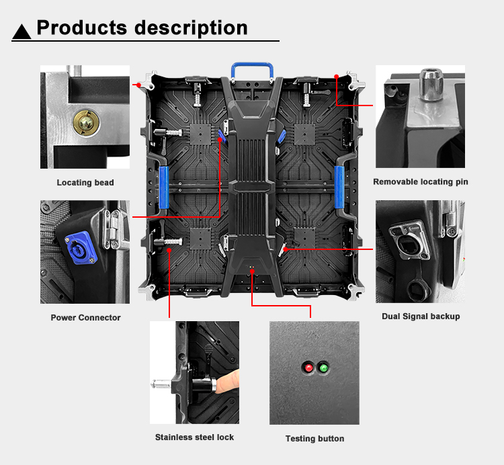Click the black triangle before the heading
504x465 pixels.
[x=22, y=31]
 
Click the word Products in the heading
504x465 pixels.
[x=81, y=28]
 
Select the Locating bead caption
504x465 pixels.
[x=85, y=183]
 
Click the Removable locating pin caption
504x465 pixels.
[x=421, y=182]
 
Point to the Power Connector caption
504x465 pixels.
[x=85, y=317]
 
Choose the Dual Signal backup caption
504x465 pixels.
[x=421, y=316]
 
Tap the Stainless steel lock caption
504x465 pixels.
[x=194, y=437]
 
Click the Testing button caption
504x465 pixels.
[x=314, y=438]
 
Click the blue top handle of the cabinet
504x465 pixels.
[x=252, y=69]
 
